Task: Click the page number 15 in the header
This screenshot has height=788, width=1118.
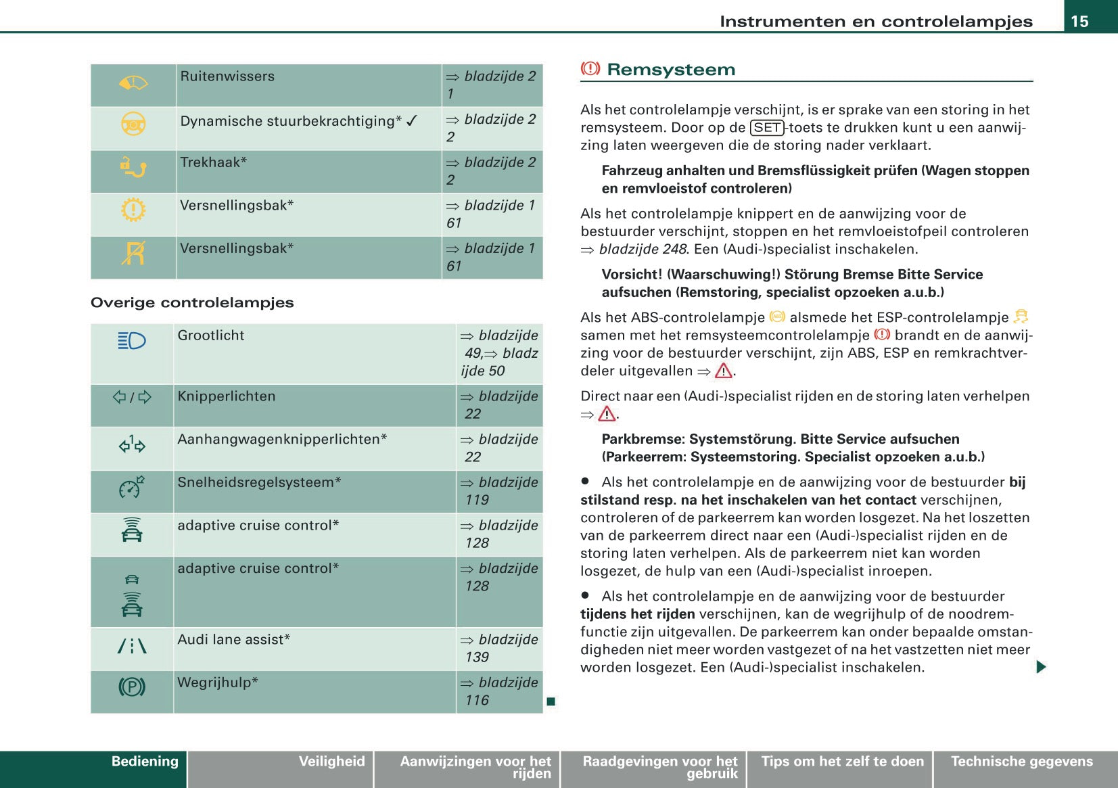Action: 1079,21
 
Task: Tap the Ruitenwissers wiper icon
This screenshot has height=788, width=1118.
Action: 133,83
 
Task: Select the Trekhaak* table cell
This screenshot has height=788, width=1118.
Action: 308,170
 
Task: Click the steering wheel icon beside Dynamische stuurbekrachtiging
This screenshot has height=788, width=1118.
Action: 133,124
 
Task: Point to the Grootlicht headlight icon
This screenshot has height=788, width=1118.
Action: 132,340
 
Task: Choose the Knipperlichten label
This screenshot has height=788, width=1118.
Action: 227,396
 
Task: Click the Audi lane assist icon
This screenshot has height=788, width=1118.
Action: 132,646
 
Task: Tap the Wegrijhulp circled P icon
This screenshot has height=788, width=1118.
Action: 132,687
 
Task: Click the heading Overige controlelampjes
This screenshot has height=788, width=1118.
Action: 192,302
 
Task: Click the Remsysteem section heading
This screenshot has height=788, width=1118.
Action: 670,70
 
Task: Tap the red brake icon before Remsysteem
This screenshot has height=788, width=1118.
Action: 590,68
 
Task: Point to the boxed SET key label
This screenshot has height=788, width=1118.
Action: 767,128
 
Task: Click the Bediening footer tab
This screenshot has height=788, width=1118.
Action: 144,762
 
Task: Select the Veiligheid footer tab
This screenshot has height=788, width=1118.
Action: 331,762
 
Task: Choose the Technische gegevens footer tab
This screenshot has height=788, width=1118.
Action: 1021,762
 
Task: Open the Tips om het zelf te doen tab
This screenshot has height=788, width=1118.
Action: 842,762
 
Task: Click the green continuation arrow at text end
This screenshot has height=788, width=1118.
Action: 1040,667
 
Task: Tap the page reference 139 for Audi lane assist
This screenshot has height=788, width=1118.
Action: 477,657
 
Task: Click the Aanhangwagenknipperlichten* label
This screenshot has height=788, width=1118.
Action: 282,440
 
